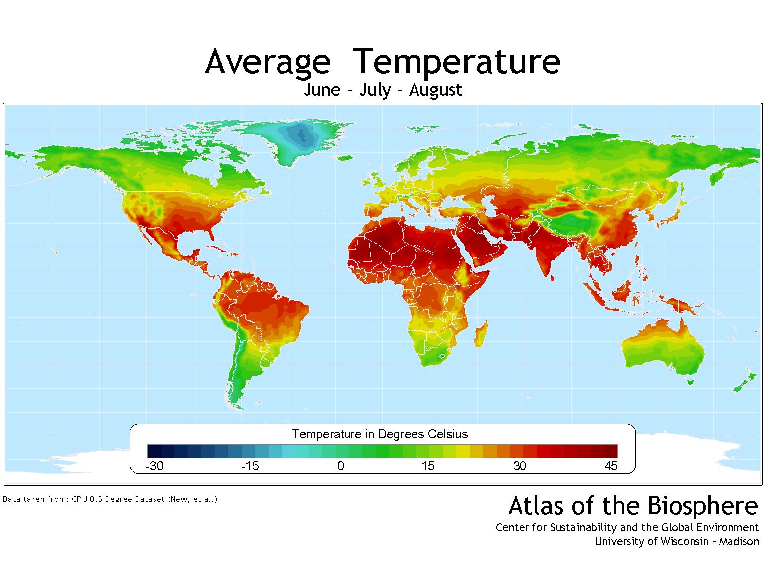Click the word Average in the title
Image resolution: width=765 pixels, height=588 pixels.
pyautogui.click(x=268, y=62)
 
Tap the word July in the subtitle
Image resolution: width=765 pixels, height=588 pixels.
pyautogui.click(x=375, y=90)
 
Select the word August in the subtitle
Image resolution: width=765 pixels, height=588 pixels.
pyautogui.click(x=435, y=91)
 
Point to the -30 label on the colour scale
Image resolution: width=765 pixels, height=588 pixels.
pyautogui.click(x=155, y=466)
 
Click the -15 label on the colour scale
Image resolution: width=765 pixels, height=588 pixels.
pyautogui.click(x=250, y=466)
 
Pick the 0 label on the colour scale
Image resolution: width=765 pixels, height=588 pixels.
pyautogui.click(x=340, y=466)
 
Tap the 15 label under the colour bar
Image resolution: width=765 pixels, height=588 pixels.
pyautogui.click(x=428, y=466)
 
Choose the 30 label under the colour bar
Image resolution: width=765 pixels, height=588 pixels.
pyautogui.click(x=519, y=466)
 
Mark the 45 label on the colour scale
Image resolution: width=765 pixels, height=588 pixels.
pyautogui.click(x=611, y=466)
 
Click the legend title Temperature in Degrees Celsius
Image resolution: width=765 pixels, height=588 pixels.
pyautogui.click(x=380, y=434)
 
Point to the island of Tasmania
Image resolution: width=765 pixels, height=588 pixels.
pyautogui.click(x=691, y=381)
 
